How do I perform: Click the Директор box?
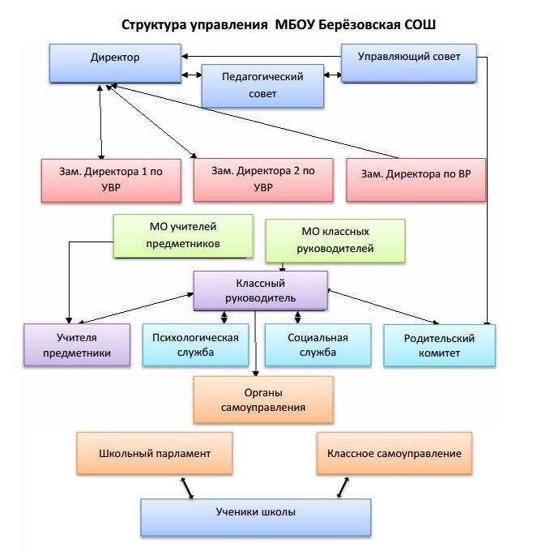pyautogui.click(x=115, y=63)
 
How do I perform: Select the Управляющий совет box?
pyautogui.click(x=409, y=63)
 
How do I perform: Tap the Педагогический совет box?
pyautogui.click(x=262, y=86)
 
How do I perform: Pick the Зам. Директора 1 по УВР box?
pyautogui.click(x=111, y=181)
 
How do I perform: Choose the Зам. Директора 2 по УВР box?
pyautogui.click(x=263, y=180)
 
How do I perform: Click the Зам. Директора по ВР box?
pyautogui.click(x=416, y=180)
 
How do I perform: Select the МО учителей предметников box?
pyautogui.click(x=183, y=236)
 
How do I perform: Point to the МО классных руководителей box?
pyautogui.click(x=335, y=241)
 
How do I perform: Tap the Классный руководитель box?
pyautogui.click(x=261, y=290)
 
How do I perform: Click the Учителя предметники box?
pyautogui.click(x=77, y=344)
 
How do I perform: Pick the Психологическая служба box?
pyautogui.click(x=196, y=344)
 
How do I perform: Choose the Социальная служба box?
pyautogui.click(x=318, y=344)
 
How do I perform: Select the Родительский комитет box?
pyautogui.click(x=440, y=345)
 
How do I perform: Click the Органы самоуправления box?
pyautogui.click(x=263, y=400)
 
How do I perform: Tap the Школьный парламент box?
pyautogui.click(x=155, y=453)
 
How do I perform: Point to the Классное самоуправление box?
pyautogui.click(x=394, y=453)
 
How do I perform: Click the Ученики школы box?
pyautogui.click(x=256, y=518)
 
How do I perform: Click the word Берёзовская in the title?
pyautogui.click(x=359, y=25)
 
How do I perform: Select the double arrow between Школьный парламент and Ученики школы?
pyautogui.click(x=187, y=488)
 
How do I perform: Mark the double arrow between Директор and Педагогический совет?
pyautogui.click(x=192, y=75)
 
